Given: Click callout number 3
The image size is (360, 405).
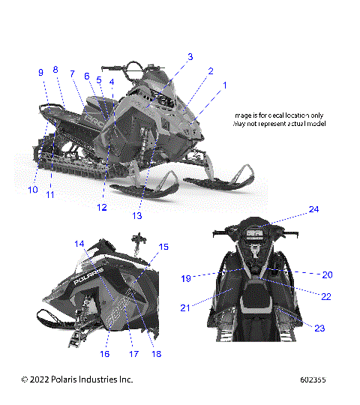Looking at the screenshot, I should point(190,56).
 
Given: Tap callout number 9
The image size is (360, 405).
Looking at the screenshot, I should point(41,72).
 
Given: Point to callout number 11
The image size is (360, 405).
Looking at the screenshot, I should point(50,195).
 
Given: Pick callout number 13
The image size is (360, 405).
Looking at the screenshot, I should point(136,216).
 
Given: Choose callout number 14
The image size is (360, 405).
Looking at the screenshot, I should point(79,244).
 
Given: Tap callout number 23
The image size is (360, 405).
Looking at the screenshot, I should point(320,328).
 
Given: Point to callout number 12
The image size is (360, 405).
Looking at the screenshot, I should point(101,207).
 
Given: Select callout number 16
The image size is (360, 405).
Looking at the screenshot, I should point(105,353).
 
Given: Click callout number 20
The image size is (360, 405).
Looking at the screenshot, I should point(327,274).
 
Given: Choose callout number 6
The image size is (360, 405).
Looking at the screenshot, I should point(87,76).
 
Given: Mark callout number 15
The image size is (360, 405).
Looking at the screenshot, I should point(163,247).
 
